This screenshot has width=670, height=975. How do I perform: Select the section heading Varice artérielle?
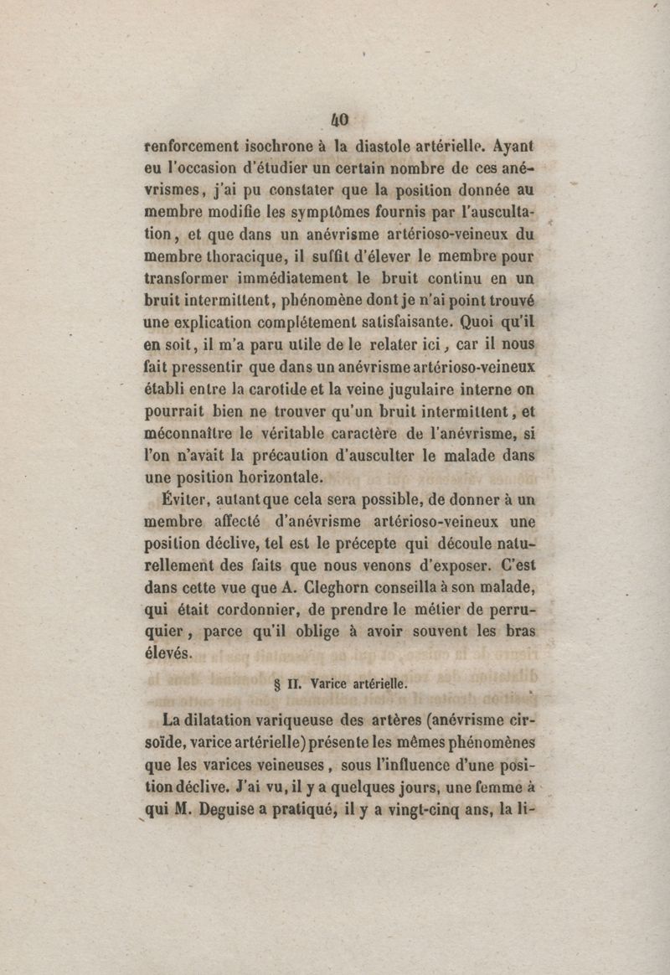(359, 683)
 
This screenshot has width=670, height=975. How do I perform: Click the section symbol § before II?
(277, 684)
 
